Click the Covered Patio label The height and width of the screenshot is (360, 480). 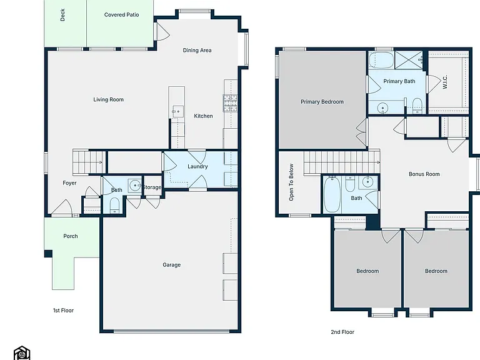coord(121,15)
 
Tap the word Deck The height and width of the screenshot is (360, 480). coord(62,15)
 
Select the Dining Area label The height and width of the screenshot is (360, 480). coord(197,50)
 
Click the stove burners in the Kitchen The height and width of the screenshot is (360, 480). coord(230,103)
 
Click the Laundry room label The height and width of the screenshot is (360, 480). coord(197,166)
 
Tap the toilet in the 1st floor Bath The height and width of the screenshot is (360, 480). coord(114,205)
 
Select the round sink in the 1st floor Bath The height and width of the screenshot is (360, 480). coord(134,185)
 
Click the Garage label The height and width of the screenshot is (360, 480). coord(171,265)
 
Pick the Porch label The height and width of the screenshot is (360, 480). coord(71,236)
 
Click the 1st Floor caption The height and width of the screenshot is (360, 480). coord(63,311)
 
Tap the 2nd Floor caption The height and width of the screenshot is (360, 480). coord(342,332)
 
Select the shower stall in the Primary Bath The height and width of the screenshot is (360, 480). coord(409,60)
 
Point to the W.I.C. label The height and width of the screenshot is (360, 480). coord(445,82)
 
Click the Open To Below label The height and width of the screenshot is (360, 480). coord(291,182)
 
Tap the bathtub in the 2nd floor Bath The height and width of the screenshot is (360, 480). coord(332,194)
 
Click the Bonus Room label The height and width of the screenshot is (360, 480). coord(424,174)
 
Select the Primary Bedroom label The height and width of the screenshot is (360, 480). coord(322,102)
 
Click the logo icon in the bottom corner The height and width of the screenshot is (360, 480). coord(22,353)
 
